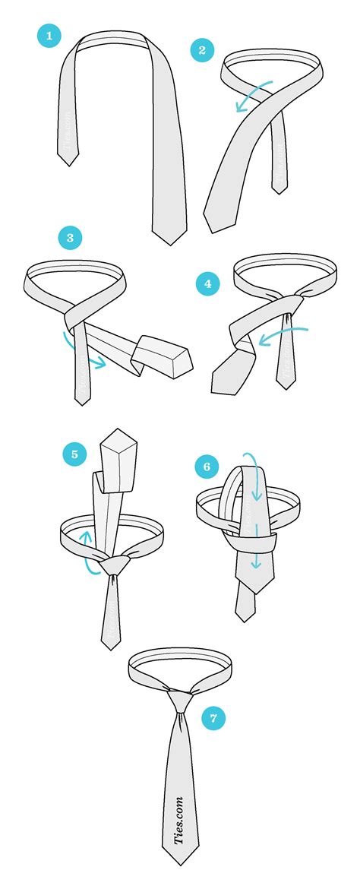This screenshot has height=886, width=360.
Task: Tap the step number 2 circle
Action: click(202, 50)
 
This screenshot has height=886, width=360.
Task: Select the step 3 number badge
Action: click(70, 239)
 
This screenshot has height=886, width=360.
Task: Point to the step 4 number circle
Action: click(207, 285)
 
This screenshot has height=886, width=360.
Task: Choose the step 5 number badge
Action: click(74, 454)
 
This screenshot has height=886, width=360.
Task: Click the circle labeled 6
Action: click(207, 466)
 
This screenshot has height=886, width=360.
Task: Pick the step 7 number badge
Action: click(213, 717)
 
